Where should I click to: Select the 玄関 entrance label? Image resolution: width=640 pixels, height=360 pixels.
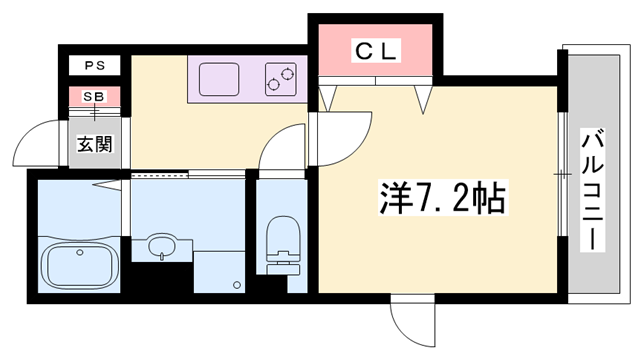coord(95,142)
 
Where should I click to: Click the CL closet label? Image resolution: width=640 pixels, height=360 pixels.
coord(376,51)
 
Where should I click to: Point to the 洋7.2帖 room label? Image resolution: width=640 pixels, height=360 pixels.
coord(440,198)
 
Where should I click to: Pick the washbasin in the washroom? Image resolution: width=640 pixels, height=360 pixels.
coord(161,244)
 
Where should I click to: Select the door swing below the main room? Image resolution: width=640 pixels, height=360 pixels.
coord(413,322)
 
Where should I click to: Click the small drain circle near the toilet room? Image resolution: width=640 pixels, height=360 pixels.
coord(237,284)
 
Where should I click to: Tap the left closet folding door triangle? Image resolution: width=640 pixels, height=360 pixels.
coord(327,97)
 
